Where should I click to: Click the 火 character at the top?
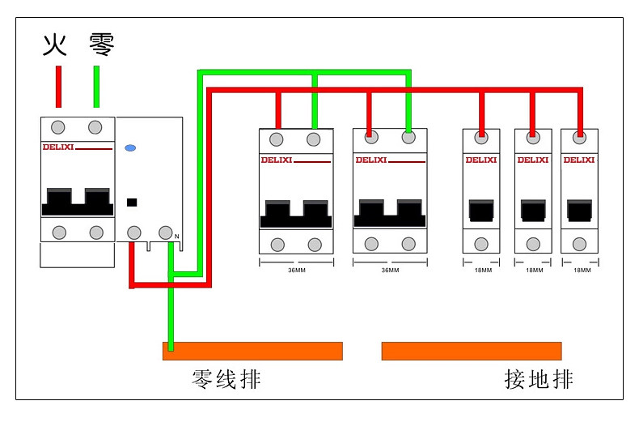pos(55,45)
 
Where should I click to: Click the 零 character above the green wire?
pos(102,45)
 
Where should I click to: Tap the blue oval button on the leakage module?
pos(130,147)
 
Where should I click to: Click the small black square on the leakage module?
pos(132,202)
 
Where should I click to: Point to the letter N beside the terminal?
pos(177,237)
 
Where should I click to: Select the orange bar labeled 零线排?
pos(252,351)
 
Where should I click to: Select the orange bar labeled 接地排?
pos(472,351)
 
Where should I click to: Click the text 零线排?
pos(226,379)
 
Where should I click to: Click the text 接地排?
pos(539,379)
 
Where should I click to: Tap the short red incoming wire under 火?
pos(59,87)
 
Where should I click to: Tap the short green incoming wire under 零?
pos(96,87)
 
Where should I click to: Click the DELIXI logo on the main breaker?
pos(58,147)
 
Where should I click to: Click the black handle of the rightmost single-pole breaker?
pos(579,210)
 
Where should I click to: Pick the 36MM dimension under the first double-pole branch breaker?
pos(297,270)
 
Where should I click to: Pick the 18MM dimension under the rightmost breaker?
pos(582,270)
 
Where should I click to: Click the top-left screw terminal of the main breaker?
pos(58,127)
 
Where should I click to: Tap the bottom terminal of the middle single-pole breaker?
pos(533,244)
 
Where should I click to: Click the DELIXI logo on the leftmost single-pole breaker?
pos(481,160)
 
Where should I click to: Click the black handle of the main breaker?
pos(78,202)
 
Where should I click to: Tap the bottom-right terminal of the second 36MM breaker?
pos(408,244)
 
